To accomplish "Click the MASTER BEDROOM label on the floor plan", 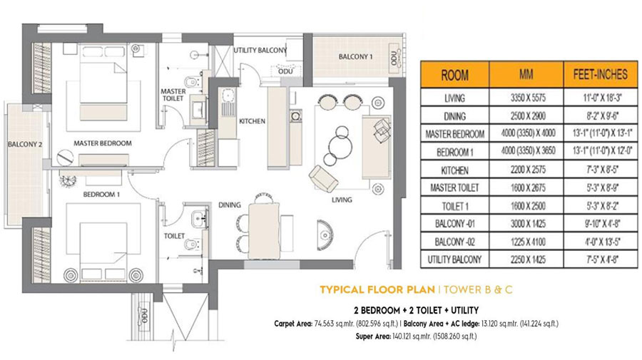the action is tap(102, 143).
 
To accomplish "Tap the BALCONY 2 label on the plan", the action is tap(25, 145).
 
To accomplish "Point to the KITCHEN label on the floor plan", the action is tap(253, 121).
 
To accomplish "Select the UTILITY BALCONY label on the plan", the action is tap(260, 51).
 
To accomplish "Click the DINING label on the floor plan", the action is tap(229, 205).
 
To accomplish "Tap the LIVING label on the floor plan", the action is tap(342, 200).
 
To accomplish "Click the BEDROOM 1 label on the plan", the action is tap(101, 195).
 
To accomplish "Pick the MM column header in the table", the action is tap(526, 74).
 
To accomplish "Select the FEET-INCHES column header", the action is tap(600, 74).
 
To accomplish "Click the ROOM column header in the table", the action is tap(455, 75).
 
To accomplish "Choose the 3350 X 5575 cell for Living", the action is tap(528, 98).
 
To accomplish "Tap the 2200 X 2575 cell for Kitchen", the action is tap(528, 170).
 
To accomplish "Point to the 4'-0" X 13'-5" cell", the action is tap(602, 242).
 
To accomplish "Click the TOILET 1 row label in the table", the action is tap(454, 206).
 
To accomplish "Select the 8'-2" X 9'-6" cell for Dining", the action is tap(602, 115).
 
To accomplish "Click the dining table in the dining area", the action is tap(264, 231).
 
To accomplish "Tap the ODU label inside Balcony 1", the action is tap(394, 58).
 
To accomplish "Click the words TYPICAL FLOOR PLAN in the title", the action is tap(377, 290).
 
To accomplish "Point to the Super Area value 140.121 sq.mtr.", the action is tap(416, 336).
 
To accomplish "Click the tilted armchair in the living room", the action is tap(323, 178).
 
